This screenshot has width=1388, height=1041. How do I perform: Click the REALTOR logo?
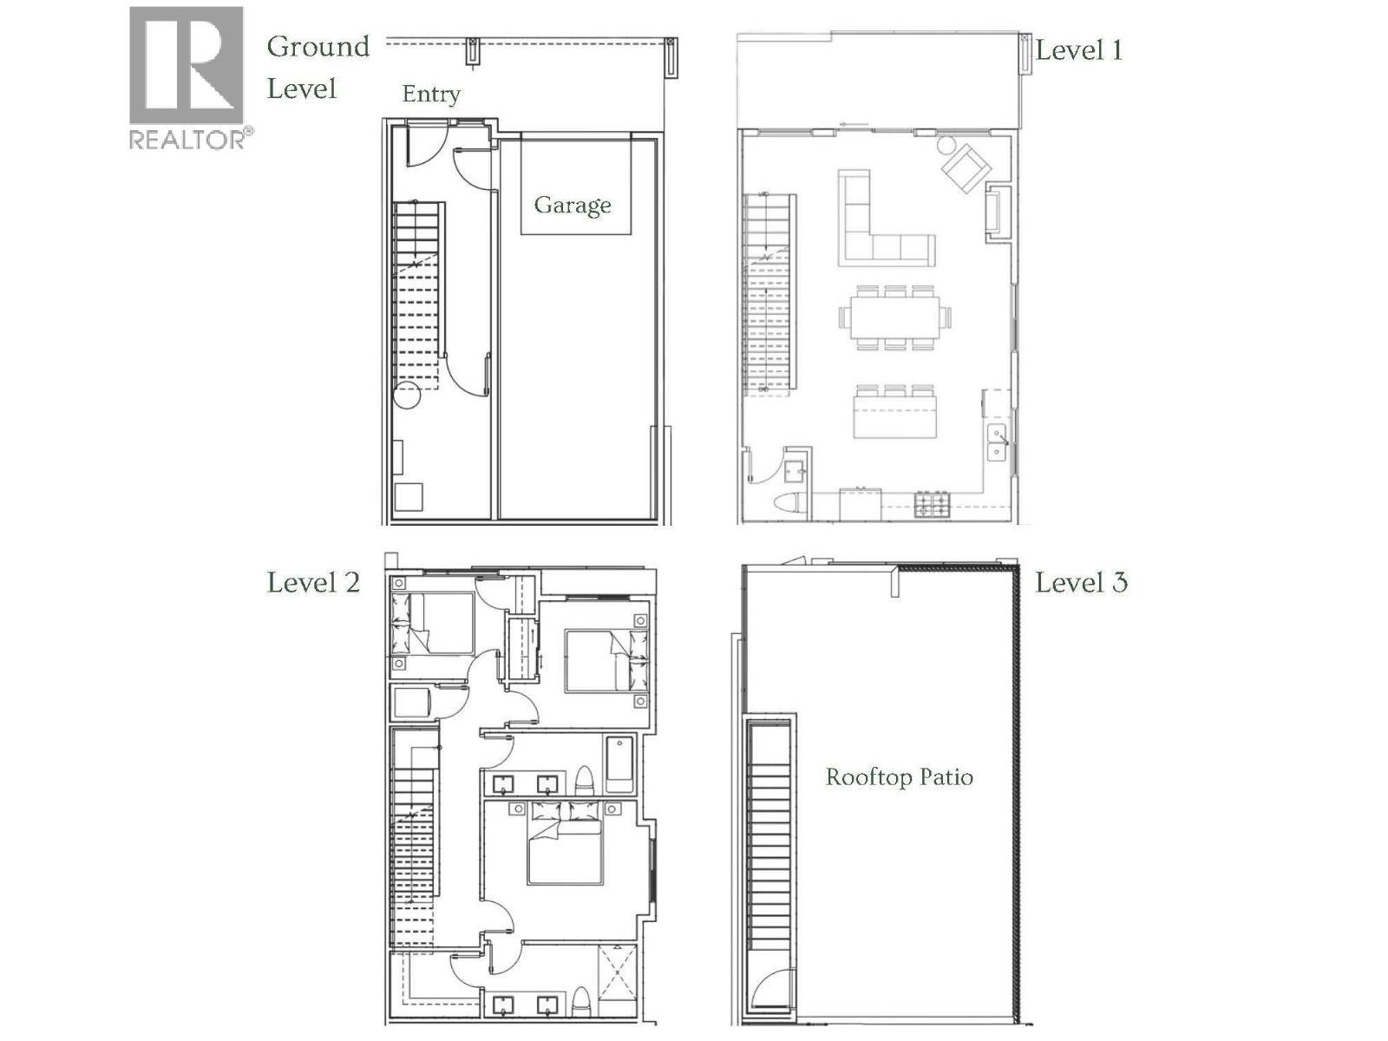point(186,78)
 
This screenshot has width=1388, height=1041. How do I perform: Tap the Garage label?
point(573,205)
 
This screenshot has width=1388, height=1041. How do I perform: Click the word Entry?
point(430,94)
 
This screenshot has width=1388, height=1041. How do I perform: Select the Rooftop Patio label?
point(899,776)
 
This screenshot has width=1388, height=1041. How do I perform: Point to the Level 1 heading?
point(1079,50)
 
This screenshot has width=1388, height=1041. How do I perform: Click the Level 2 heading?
point(312,582)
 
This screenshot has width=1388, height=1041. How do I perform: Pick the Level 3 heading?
point(1081,582)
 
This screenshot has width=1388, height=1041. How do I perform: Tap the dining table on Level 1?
point(894,317)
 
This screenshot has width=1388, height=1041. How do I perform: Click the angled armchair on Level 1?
point(966,168)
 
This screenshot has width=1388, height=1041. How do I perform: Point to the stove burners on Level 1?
point(933,503)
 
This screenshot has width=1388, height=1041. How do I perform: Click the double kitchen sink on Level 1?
point(997,442)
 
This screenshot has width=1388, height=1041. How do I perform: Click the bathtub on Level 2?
point(619,763)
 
